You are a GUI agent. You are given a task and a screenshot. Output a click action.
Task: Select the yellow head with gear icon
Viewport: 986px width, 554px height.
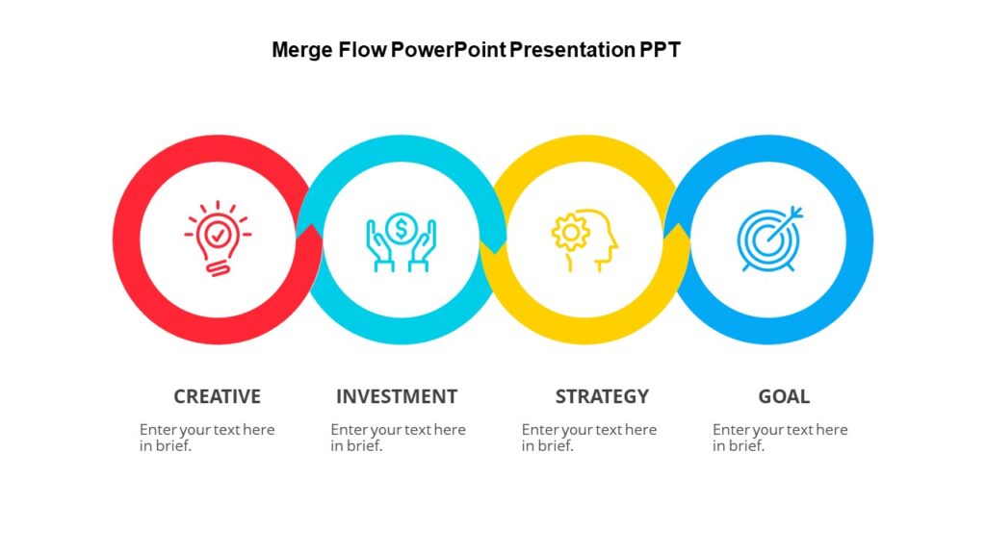pos(584,239)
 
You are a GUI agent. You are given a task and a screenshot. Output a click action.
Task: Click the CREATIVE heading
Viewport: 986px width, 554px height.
pos(217,396)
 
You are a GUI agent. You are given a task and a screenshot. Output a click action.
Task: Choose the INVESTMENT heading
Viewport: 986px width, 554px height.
pos(397,396)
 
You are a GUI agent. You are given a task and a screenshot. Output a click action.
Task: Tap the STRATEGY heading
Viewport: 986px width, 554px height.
pos(602,396)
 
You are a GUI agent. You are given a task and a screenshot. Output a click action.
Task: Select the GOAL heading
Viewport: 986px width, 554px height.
pos(784,396)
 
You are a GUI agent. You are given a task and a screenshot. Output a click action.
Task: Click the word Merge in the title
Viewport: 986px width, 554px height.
pos(302,50)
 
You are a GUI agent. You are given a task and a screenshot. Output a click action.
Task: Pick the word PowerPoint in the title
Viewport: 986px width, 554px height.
pos(448,50)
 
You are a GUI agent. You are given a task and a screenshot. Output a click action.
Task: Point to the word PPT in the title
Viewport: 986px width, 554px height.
pos(661,50)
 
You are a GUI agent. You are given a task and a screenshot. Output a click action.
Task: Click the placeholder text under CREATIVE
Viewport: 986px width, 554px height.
pos(207,438)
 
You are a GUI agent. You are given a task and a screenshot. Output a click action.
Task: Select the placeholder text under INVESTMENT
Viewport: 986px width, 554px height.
pos(398,438)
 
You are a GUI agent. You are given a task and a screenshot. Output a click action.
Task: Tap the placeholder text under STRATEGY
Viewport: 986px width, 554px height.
pos(588,438)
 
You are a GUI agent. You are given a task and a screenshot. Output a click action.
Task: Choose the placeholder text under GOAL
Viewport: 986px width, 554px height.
pos(780,438)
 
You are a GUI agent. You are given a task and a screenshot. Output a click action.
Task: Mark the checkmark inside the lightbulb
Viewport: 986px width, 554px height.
pos(219,232)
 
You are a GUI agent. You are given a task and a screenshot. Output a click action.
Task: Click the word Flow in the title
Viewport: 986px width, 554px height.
pos(362,50)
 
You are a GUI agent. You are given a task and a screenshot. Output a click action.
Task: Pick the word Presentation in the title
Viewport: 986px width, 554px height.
pos(572,50)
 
